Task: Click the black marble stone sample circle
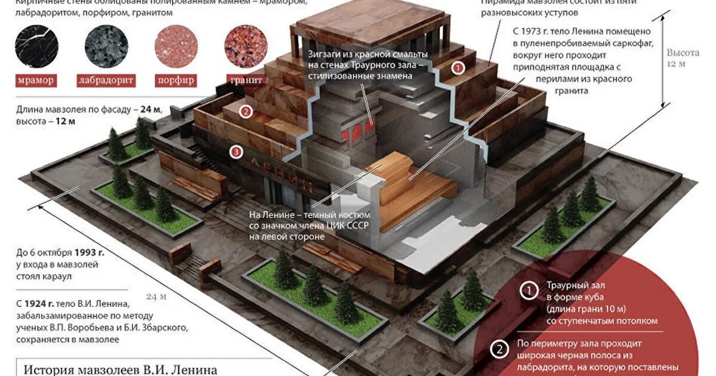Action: click(37, 45)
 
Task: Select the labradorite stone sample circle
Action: click(106, 45)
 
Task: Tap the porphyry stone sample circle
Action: click(175, 45)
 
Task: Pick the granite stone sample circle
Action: click(245, 45)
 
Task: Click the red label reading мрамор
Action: click(35, 80)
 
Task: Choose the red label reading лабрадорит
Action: click(106, 80)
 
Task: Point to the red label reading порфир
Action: click(175, 80)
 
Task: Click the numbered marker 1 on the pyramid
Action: click(458, 68)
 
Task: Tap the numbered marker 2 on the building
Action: click(245, 111)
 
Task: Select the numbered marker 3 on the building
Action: click(236, 152)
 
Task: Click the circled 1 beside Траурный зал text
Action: click(529, 291)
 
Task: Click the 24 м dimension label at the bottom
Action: click(156, 297)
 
